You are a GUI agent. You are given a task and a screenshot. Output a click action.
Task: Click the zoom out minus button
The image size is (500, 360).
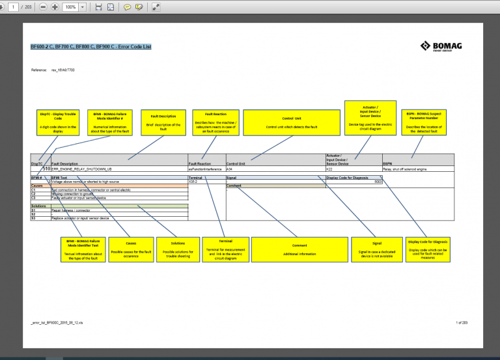coord(43,7)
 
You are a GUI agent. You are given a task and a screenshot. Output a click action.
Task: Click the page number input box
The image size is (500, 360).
coord(12,7)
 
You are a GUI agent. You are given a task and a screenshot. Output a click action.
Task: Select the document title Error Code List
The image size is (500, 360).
coord(91,47)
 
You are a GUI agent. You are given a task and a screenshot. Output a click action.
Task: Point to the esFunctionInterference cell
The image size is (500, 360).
coord(204,168)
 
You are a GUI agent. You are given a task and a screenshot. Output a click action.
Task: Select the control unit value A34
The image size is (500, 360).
coord(230,168)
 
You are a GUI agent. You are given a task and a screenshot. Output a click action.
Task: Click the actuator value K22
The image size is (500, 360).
coord(329,168)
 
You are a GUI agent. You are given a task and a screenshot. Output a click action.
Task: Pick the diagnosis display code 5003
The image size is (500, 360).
coord(378,181)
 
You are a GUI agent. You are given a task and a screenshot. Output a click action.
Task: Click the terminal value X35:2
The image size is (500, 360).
coord(193,181)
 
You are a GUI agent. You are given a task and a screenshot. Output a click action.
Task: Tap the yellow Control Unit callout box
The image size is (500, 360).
coord(291,122)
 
